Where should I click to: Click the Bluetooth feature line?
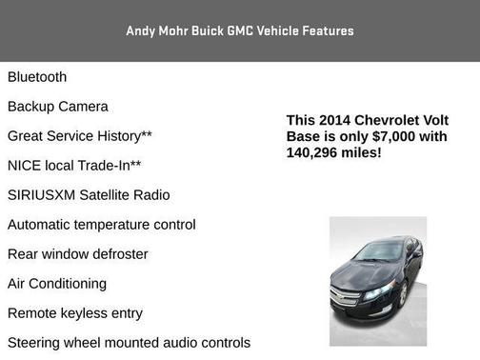(x=37, y=77)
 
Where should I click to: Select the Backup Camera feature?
(x=58, y=107)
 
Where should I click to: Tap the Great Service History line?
(x=80, y=136)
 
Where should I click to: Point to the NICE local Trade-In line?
(x=74, y=166)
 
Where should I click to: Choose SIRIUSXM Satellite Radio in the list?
(x=89, y=195)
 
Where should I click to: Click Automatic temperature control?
(x=102, y=225)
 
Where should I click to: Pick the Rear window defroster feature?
(x=78, y=254)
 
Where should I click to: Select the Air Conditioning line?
(x=57, y=284)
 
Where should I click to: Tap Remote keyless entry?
(x=75, y=313)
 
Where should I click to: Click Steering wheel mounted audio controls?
(x=129, y=343)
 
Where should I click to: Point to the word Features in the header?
(x=328, y=30)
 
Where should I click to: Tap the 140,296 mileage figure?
(x=312, y=152)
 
